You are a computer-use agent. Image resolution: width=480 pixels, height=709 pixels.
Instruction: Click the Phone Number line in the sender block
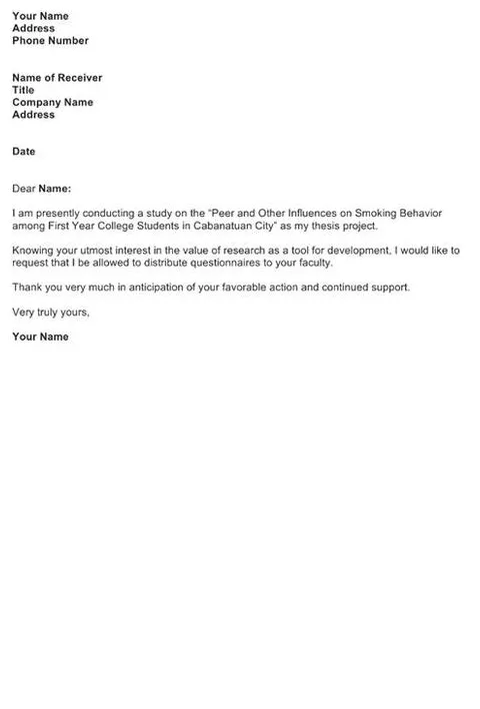click(x=50, y=41)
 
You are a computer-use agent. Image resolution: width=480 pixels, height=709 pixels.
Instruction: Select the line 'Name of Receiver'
click(x=57, y=78)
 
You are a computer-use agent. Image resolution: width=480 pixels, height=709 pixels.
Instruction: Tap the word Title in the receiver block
click(x=23, y=90)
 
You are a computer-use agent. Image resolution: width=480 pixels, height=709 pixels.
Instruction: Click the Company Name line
click(x=53, y=102)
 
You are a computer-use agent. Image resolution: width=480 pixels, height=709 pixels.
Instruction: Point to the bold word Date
click(x=24, y=152)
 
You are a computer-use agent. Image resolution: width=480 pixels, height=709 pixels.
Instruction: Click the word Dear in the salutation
click(x=23, y=188)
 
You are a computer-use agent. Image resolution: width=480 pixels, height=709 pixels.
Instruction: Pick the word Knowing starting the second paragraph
click(x=32, y=250)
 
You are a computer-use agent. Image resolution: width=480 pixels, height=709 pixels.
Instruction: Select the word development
click(x=355, y=250)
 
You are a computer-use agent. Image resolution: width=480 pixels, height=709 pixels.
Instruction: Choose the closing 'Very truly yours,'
click(x=51, y=312)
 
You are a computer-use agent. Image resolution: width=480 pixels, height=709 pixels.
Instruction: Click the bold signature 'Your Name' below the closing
click(x=40, y=337)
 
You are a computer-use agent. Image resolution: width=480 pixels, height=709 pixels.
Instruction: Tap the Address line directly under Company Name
click(x=33, y=115)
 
